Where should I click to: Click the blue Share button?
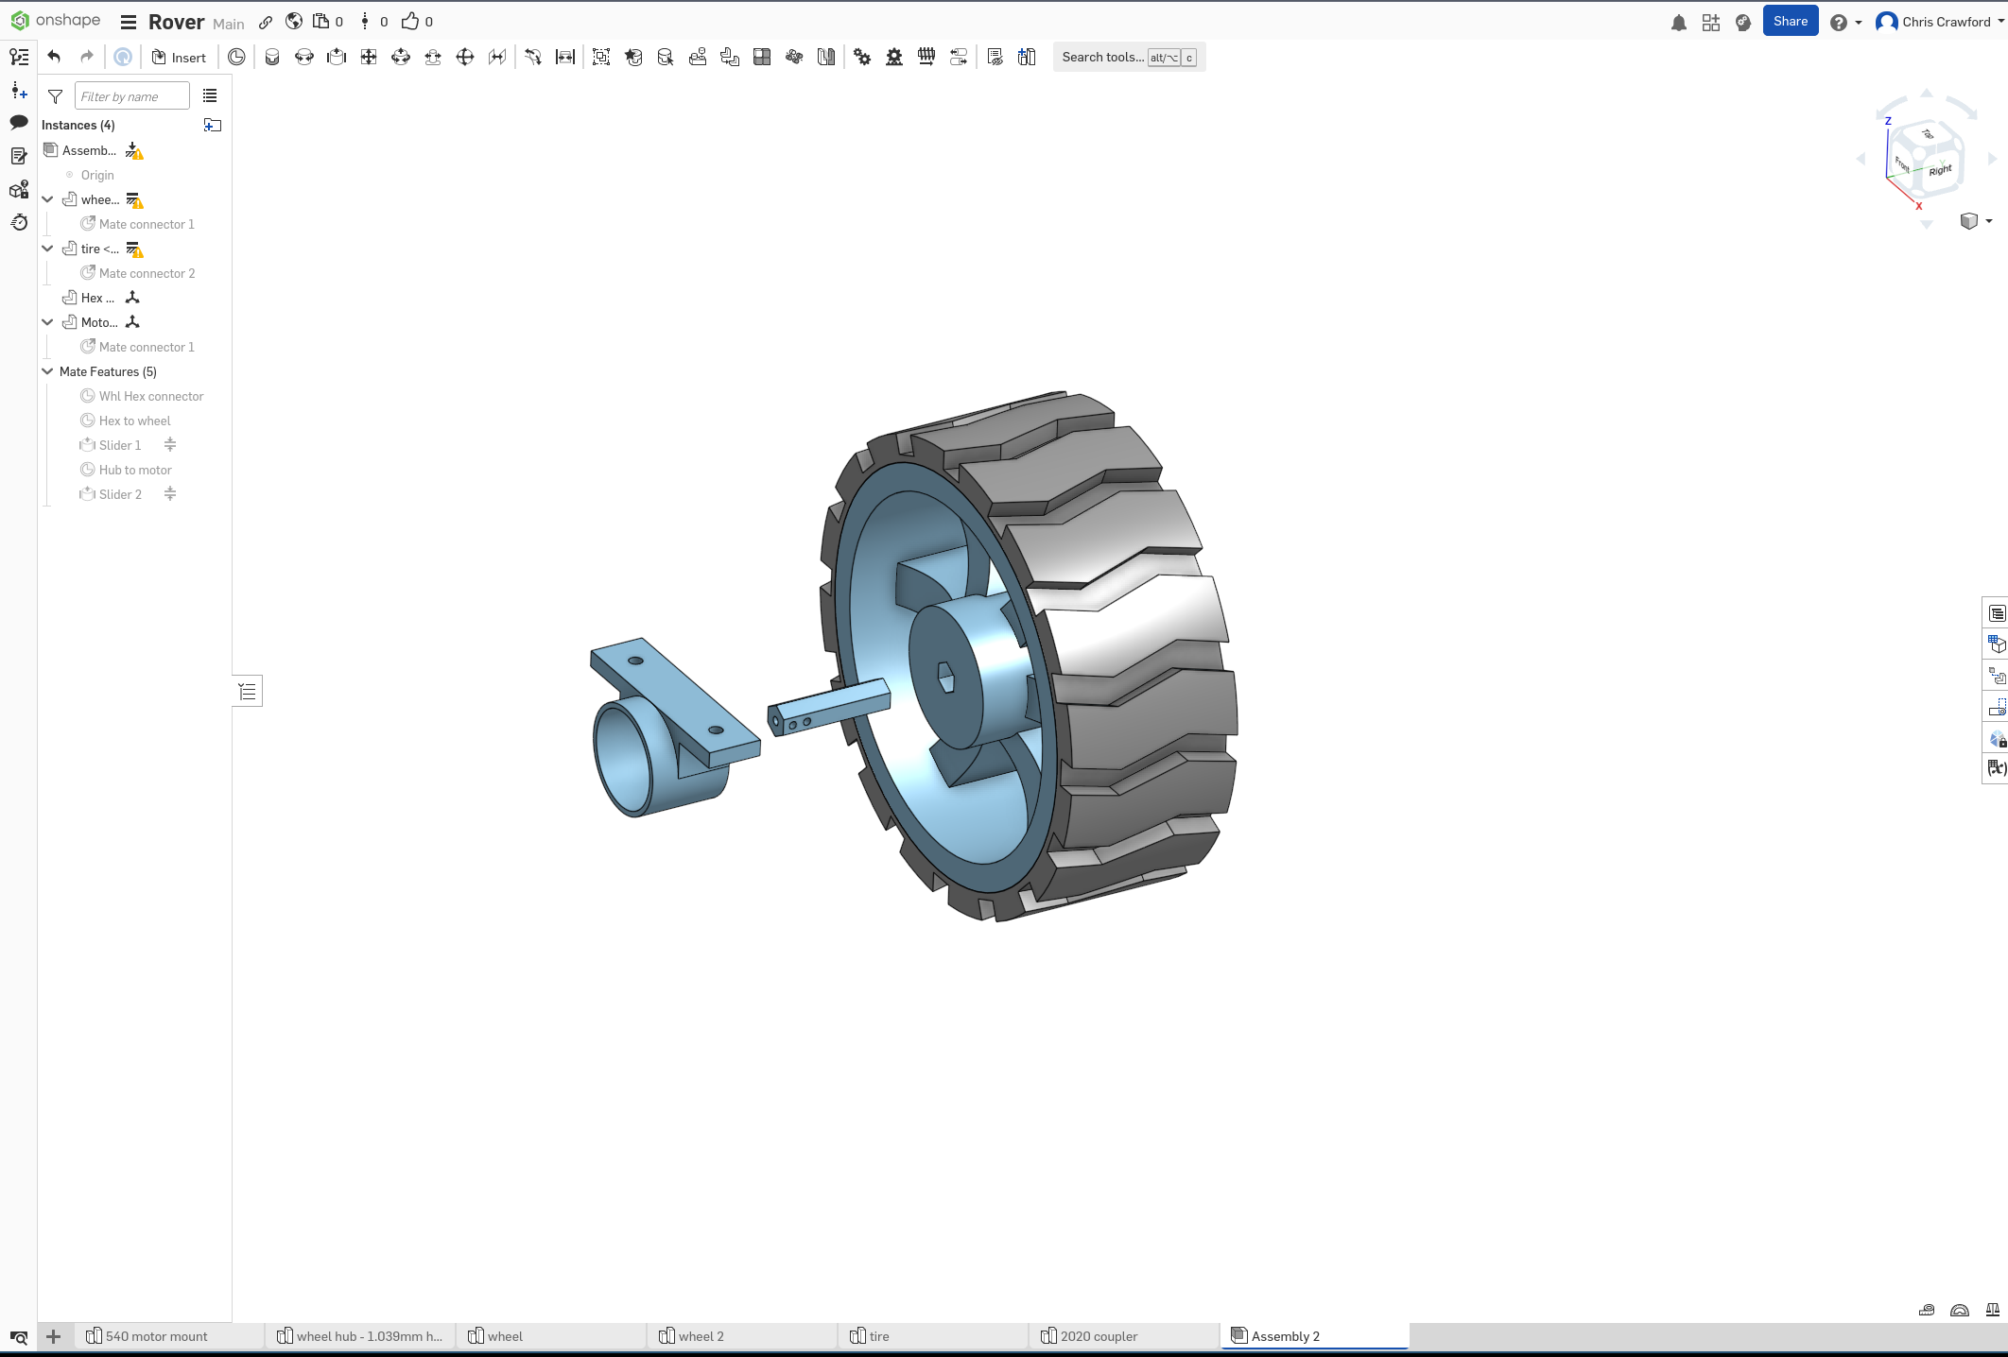[x=1790, y=22]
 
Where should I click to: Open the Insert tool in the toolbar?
[x=179, y=58]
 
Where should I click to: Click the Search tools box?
[x=1102, y=58]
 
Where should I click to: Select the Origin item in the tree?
[x=96, y=175]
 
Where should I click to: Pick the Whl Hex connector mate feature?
[x=150, y=396]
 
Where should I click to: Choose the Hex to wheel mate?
[x=134, y=421]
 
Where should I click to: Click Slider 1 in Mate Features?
[x=119, y=445]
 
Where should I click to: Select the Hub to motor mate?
[x=135, y=470]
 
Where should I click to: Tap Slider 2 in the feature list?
[x=120, y=494]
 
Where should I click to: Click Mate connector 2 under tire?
[x=147, y=273]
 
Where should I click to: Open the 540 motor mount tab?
[x=156, y=1336]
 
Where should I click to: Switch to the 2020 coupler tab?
[x=1099, y=1336]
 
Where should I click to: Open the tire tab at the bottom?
[x=878, y=1336]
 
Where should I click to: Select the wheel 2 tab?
[x=701, y=1336]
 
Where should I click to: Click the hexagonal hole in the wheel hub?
[x=945, y=677]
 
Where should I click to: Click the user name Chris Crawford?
[x=1946, y=22]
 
